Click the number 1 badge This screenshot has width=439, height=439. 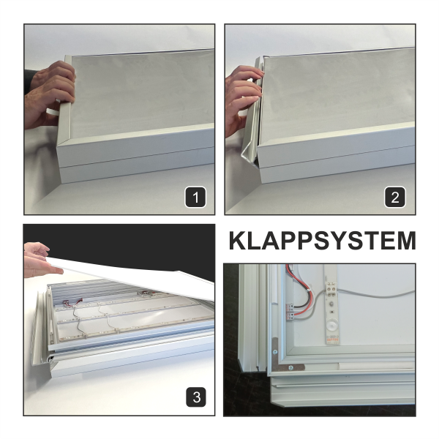[x=195, y=197]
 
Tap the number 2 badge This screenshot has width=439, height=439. [x=395, y=197]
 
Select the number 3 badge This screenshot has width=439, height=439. [x=196, y=397]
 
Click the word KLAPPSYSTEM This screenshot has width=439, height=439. [x=322, y=241]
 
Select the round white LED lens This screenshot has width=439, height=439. [x=332, y=326]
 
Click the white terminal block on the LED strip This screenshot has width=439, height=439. [x=331, y=289]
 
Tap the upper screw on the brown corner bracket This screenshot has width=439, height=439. [x=275, y=352]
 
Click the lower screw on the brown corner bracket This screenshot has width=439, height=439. [x=291, y=367]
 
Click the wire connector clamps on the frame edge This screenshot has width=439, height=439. [x=290, y=312]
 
